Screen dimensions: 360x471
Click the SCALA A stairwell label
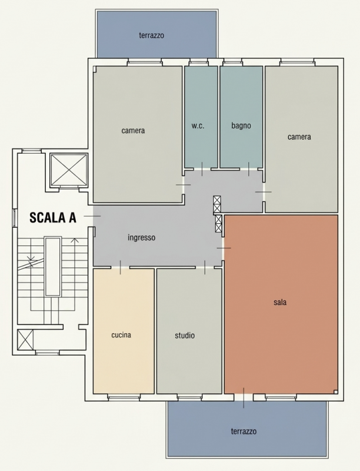tap(53, 217)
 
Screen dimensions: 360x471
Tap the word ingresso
tap(142, 238)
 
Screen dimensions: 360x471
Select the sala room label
tap(280, 302)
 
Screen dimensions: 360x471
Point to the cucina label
tap(121, 334)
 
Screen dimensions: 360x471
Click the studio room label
tap(185, 335)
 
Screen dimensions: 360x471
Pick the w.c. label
tap(198, 125)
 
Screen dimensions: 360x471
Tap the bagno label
tap(241, 125)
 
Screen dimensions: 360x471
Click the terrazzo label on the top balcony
tap(152, 35)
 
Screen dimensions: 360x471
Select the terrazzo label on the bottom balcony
tap(244, 432)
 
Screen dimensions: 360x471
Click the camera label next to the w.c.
tap(133, 131)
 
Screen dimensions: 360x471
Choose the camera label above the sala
tap(299, 137)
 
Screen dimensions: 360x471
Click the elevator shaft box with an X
tap(69, 170)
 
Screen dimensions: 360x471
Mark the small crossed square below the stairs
tap(25, 340)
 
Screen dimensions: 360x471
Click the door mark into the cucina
tap(121, 267)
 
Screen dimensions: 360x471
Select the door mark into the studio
tap(205, 267)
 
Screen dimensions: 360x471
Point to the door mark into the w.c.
tap(202, 169)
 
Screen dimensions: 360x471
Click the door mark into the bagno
tap(249, 169)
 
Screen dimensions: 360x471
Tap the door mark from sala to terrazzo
tap(244, 398)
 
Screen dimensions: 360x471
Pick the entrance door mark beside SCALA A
tap(92, 216)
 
